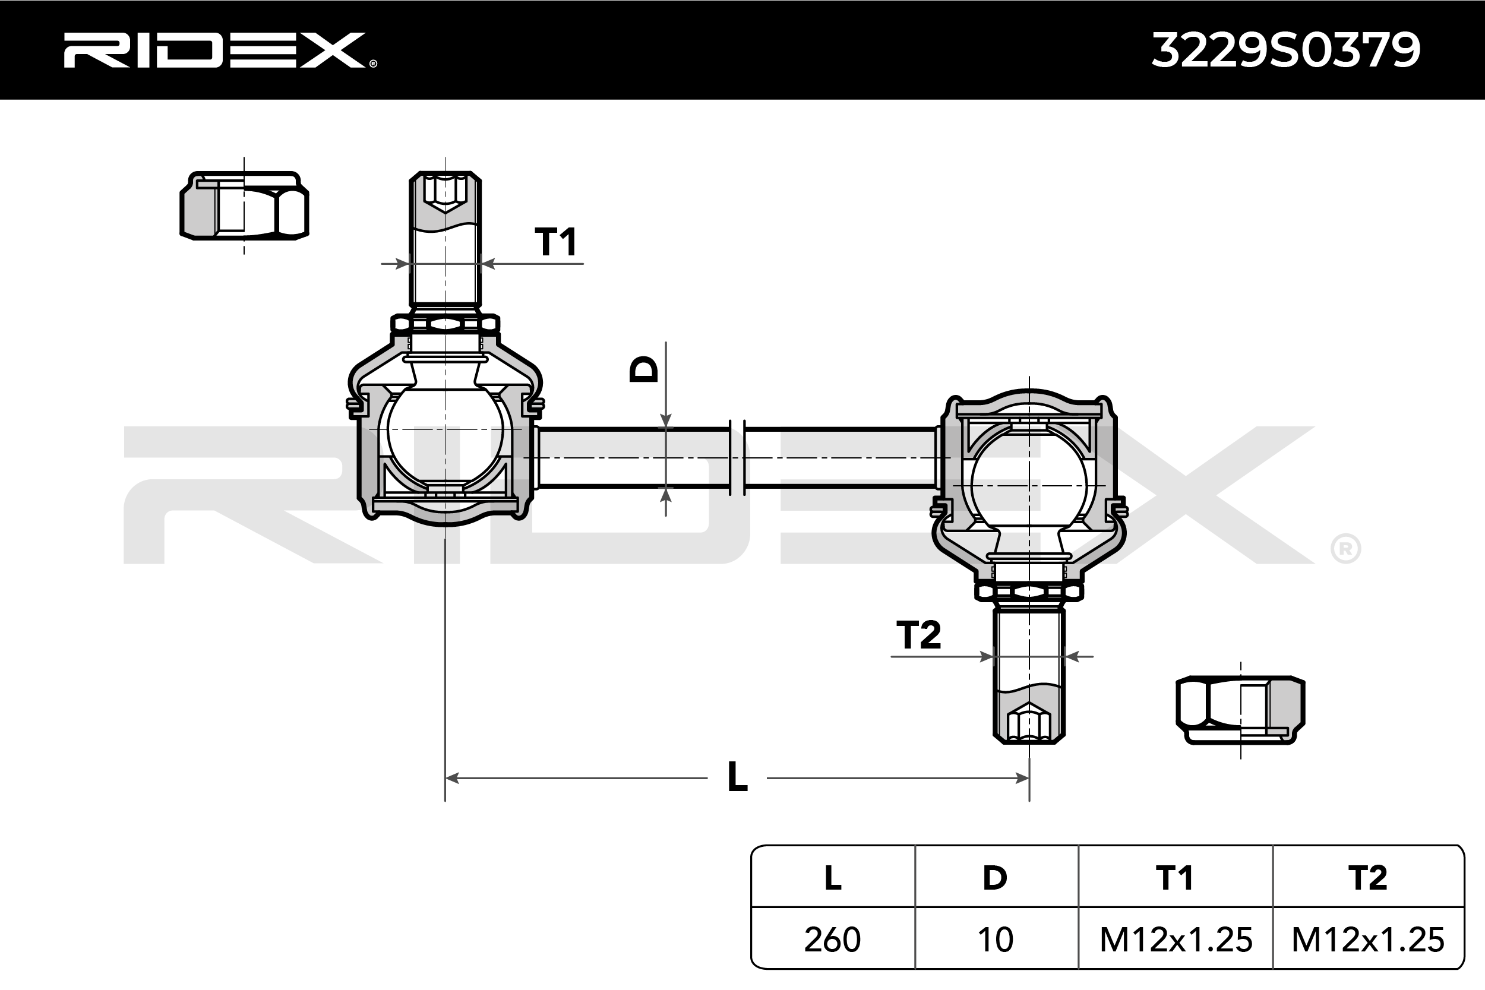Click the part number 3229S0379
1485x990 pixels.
coord(1285,50)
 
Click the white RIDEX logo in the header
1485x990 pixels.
coord(218,50)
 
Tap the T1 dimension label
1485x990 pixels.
coord(555,242)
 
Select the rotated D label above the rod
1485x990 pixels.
coord(644,369)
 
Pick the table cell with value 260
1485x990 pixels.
coord(832,940)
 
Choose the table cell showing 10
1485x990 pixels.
coord(995,940)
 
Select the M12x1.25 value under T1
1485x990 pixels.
coord(1176,940)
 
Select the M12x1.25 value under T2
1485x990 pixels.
coord(1367,940)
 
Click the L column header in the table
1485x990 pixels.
coord(832,878)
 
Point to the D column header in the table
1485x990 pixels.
coord(995,878)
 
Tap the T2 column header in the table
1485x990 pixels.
coord(1367,878)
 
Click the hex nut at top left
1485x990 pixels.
coord(244,206)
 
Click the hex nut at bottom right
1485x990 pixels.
coord(1240,710)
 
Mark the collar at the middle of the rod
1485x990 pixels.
coord(737,457)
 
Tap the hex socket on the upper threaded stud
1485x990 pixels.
coord(445,191)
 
